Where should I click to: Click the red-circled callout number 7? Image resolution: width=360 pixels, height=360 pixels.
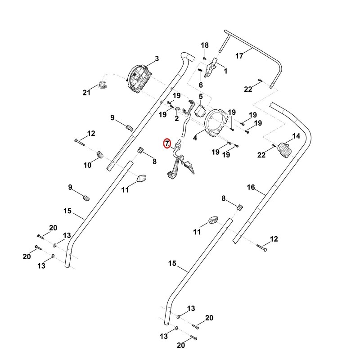tap(167, 144)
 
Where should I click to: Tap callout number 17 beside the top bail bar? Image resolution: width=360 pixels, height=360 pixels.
tap(239, 56)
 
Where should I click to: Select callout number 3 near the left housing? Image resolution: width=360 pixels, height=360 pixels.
tap(157, 59)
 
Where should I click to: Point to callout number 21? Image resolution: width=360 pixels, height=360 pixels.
tap(86, 93)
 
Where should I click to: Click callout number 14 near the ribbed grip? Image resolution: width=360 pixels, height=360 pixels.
tap(296, 136)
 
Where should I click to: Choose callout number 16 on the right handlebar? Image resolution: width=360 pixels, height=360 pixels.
tap(251, 187)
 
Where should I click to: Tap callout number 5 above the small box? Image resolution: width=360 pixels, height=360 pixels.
tap(201, 96)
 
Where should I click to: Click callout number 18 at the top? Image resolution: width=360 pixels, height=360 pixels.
tap(205, 45)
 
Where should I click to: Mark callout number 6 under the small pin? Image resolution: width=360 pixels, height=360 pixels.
tap(201, 85)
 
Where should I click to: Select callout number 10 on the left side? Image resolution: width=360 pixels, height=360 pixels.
tap(87, 165)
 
